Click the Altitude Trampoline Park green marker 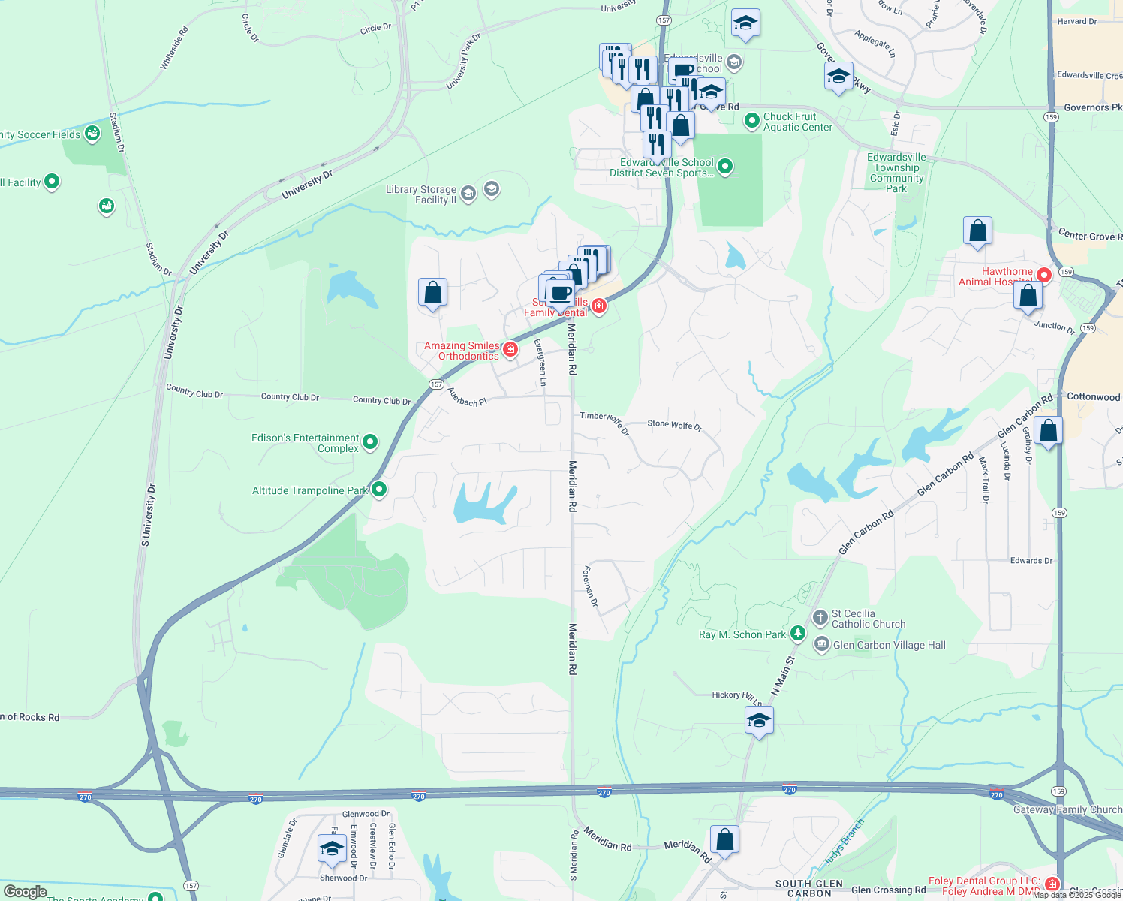(379, 490)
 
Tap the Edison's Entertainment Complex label (306, 443)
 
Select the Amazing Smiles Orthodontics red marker (510, 349)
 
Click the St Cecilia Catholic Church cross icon (820, 618)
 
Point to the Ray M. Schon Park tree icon (797, 634)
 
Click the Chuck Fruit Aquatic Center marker (751, 120)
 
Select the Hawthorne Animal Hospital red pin (1043, 275)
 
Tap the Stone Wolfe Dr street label (674, 425)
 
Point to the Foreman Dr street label (591, 586)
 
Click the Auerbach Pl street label (467, 397)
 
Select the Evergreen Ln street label (540, 363)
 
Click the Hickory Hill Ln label (737, 696)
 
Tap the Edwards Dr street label (1031, 561)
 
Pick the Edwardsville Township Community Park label (896, 173)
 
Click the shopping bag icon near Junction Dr (1028, 295)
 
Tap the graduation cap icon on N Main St (759, 721)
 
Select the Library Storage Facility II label (421, 194)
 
